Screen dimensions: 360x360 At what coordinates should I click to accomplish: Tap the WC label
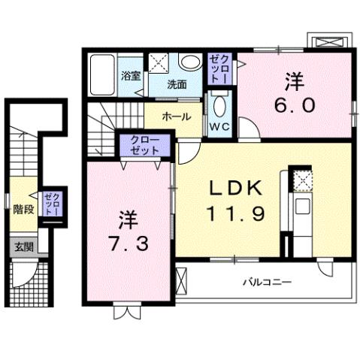click(x=219, y=126)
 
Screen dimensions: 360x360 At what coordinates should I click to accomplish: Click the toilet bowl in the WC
click(x=219, y=104)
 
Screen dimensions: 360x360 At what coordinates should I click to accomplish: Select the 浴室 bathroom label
click(x=132, y=75)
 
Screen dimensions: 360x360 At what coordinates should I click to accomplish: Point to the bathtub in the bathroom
click(x=102, y=74)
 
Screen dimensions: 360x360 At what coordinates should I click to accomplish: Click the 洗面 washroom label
click(x=177, y=83)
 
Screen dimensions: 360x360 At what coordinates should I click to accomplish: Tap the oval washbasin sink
click(x=190, y=62)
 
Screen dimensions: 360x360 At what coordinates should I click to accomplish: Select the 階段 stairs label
click(x=23, y=209)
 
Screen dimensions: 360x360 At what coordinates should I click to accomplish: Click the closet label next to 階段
click(x=52, y=204)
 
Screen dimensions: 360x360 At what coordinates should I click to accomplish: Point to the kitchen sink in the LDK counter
click(x=303, y=206)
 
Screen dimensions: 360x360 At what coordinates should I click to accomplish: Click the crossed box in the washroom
click(x=158, y=62)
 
